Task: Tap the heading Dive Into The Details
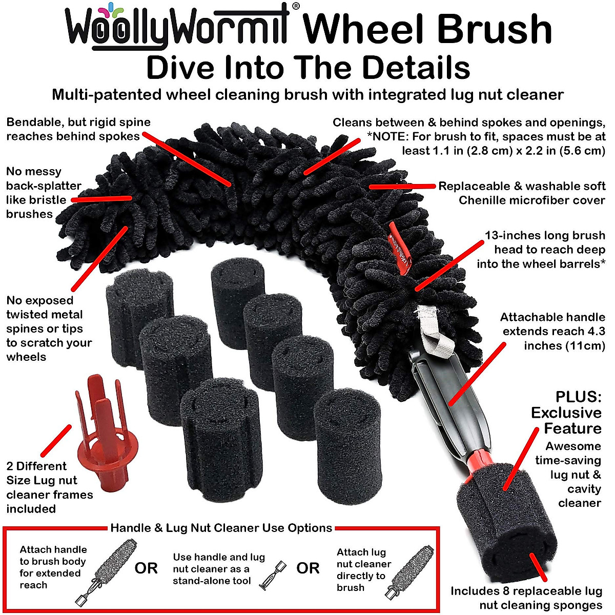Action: pos(307,68)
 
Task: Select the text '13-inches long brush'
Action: pos(544,236)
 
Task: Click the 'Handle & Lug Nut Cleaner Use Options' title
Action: pos(221,528)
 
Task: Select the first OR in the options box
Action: pos(146,568)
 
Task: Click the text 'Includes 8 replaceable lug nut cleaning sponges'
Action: pos(526,598)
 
